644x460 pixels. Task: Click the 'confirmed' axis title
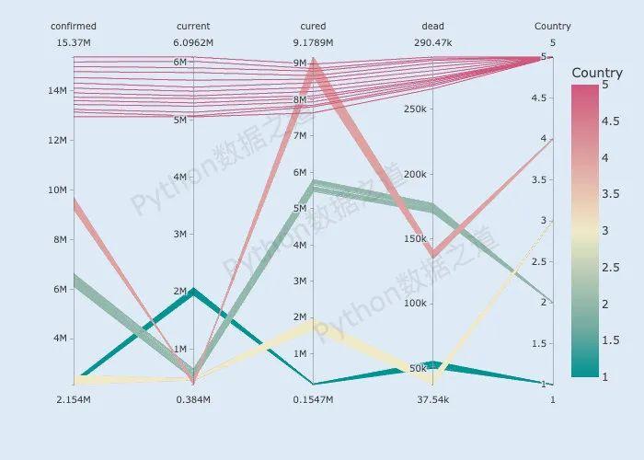[x=74, y=27]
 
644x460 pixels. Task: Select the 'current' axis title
[x=193, y=27]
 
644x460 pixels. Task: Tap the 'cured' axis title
[x=313, y=27]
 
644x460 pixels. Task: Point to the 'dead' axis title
[x=432, y=27]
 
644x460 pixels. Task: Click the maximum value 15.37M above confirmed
[x=74, y=43]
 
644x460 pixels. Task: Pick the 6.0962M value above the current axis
[x=193, y=43]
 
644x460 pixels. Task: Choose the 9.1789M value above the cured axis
[x=313, y=43]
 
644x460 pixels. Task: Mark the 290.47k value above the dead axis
[x=432, y=43]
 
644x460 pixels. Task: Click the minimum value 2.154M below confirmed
[x=74, y=400]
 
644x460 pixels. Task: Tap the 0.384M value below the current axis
[x=193, y=400]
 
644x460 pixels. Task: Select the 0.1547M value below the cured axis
[x=313, y=400]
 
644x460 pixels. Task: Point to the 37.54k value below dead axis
[x=432, y=400]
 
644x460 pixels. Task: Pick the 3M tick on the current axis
[x=180, y=235]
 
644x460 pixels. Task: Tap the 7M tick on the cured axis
[x=300, y=136]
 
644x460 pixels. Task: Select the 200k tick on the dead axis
[x=414, y=175]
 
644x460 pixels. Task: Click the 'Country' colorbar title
[x=597, y=73]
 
